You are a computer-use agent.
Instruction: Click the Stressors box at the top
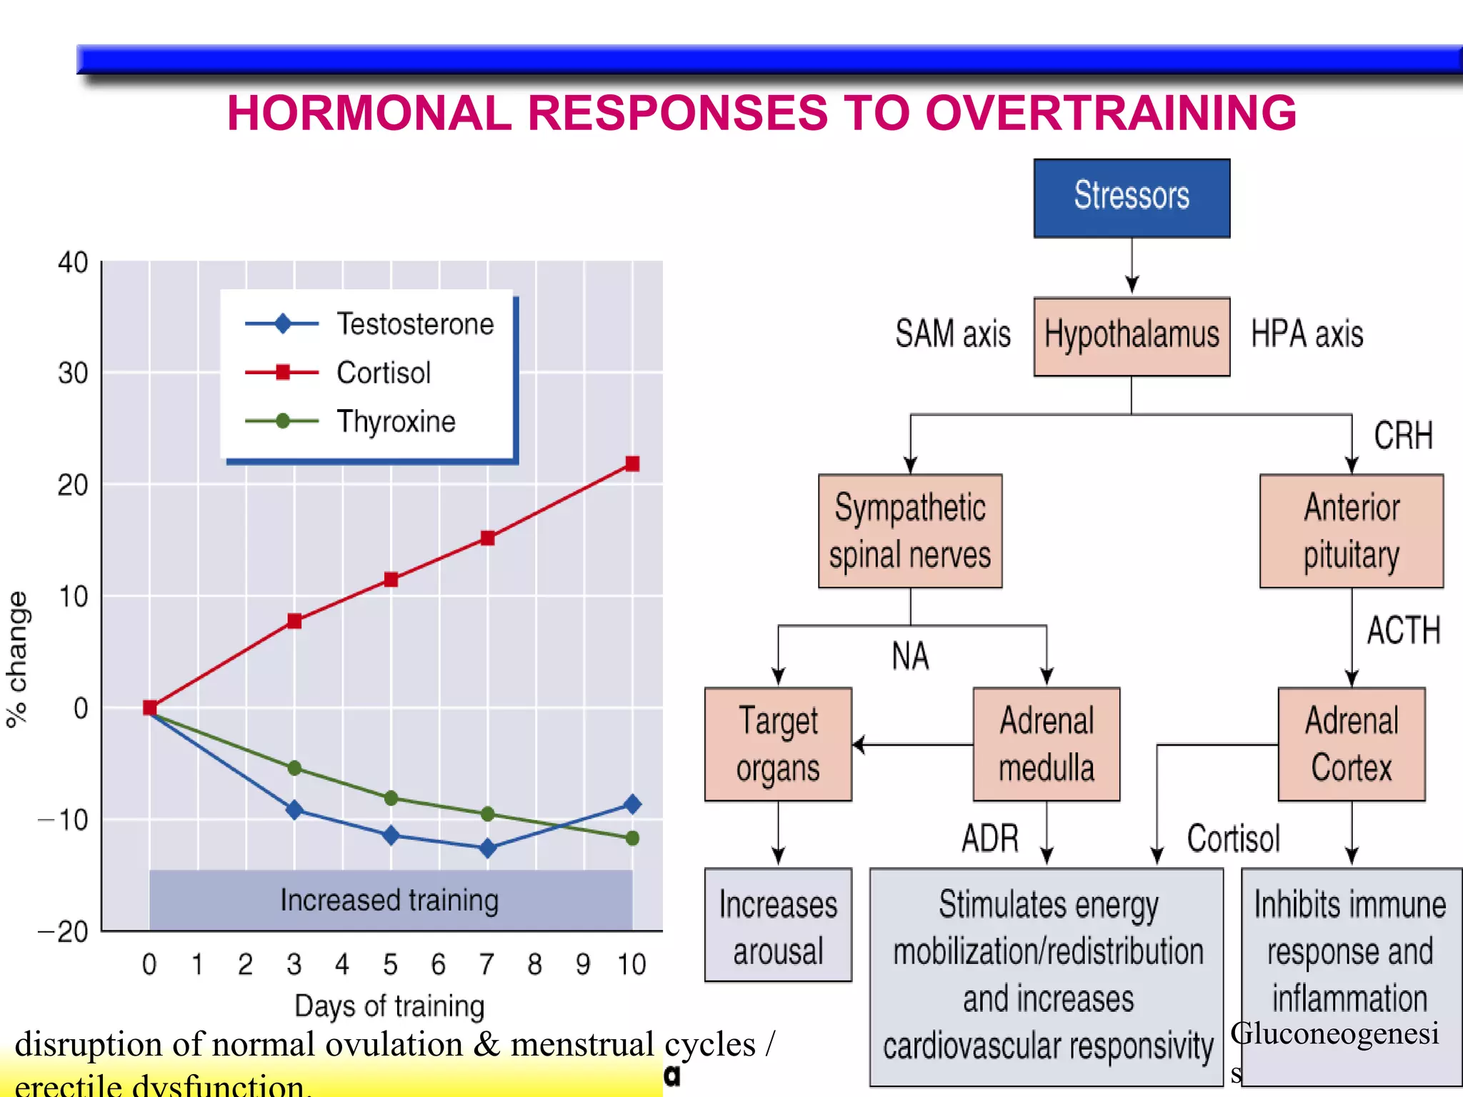1132,198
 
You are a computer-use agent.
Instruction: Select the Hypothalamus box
1132,336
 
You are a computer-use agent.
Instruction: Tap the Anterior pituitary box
1351,531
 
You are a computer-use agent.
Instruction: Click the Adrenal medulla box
1046,744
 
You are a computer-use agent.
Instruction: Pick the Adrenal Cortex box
1351,744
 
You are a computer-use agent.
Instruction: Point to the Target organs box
778,744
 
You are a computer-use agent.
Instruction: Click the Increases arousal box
778,926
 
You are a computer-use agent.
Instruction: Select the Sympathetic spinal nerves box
910,531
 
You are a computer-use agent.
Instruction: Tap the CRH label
1403,436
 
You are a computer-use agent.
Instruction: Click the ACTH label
1403,631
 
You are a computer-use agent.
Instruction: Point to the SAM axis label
953,334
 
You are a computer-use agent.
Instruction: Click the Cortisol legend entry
383,373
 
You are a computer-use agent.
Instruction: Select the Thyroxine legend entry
395,421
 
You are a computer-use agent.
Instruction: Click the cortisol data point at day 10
632,464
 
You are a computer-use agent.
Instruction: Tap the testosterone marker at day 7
488,848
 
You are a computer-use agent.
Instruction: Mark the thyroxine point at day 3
294,768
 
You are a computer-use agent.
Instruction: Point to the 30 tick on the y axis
73,373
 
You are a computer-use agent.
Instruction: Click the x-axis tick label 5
390,965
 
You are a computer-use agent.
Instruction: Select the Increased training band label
389,900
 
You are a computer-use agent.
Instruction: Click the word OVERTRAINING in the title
1111,114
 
